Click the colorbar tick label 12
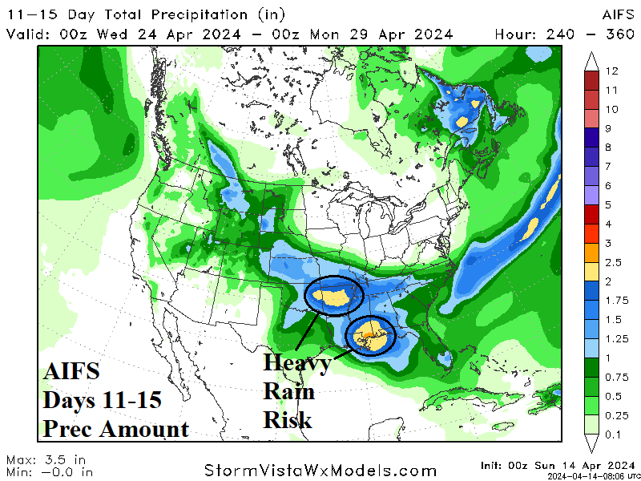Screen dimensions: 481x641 (614, 71)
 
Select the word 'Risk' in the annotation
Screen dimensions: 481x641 (287, 419)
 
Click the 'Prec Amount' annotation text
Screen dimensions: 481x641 (116, 429)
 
